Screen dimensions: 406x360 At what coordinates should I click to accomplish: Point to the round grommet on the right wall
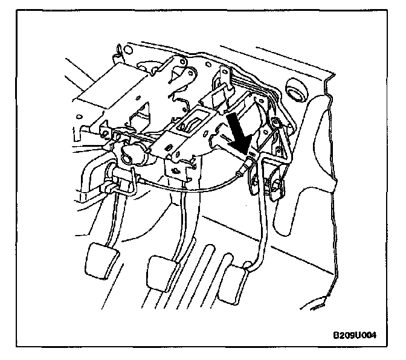pos(297,94)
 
